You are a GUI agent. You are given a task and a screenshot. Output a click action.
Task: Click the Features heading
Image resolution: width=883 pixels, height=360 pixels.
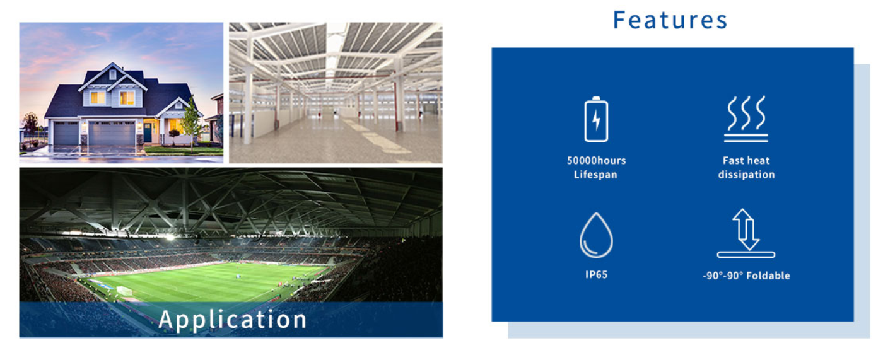pos(670,20)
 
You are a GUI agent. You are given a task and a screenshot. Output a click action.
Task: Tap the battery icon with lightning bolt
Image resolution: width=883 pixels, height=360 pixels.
pos(596,119)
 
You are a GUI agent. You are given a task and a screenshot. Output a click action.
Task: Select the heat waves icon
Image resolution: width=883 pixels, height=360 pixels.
pos(746,119)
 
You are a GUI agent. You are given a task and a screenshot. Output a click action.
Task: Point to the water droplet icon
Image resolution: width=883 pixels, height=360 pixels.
pos(596,235)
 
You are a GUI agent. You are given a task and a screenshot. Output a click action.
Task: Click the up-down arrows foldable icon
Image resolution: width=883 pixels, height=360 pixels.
pos(746,233)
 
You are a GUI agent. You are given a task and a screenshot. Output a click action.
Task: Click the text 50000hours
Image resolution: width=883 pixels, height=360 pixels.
pos(597,160)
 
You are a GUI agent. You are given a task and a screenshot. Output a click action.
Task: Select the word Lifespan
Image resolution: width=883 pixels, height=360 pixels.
pos(595,175)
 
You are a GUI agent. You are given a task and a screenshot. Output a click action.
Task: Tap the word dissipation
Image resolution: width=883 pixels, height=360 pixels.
pos(746,175)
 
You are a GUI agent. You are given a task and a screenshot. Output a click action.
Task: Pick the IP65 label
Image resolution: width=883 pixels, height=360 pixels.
pos(597,274)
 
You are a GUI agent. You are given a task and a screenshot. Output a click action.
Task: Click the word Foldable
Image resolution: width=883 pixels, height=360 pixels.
pos(768,276)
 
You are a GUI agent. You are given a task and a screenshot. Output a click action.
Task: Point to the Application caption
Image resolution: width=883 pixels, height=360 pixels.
pos(233,320)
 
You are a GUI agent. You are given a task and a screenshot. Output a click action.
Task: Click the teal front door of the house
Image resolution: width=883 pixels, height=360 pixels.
pos(148,133)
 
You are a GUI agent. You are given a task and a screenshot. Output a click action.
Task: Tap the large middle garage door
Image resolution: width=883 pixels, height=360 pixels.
pos(112,133)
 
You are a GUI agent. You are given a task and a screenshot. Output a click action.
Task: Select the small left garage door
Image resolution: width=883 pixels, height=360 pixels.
pos(66,134)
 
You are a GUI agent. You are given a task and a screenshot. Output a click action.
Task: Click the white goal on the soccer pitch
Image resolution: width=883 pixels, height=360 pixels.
pos(124,291)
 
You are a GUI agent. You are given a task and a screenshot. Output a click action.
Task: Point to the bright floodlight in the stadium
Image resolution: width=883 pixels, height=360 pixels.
pos(170,237)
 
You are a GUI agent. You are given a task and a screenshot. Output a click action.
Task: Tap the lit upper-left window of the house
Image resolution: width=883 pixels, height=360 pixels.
pos(97,97)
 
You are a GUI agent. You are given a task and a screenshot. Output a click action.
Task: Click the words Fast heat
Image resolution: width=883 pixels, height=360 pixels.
pos(746,160)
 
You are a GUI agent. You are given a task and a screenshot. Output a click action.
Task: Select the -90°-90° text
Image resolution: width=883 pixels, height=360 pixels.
pos(723,276)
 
